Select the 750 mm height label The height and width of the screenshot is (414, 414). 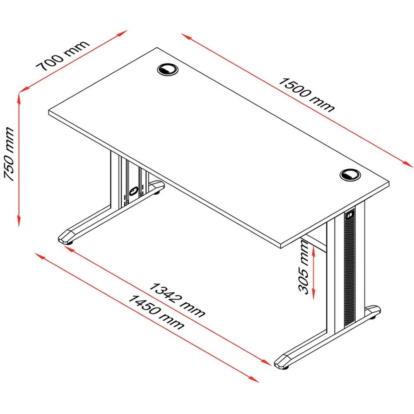pos(9,154)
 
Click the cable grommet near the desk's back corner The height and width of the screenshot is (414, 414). pos(168,69)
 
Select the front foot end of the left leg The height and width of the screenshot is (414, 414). pos(66,236)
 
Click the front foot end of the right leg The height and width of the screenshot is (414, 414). pos(284,361)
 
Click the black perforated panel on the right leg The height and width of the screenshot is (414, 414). pos(350,269)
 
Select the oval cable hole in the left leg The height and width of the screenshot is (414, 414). pos(133,191)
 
